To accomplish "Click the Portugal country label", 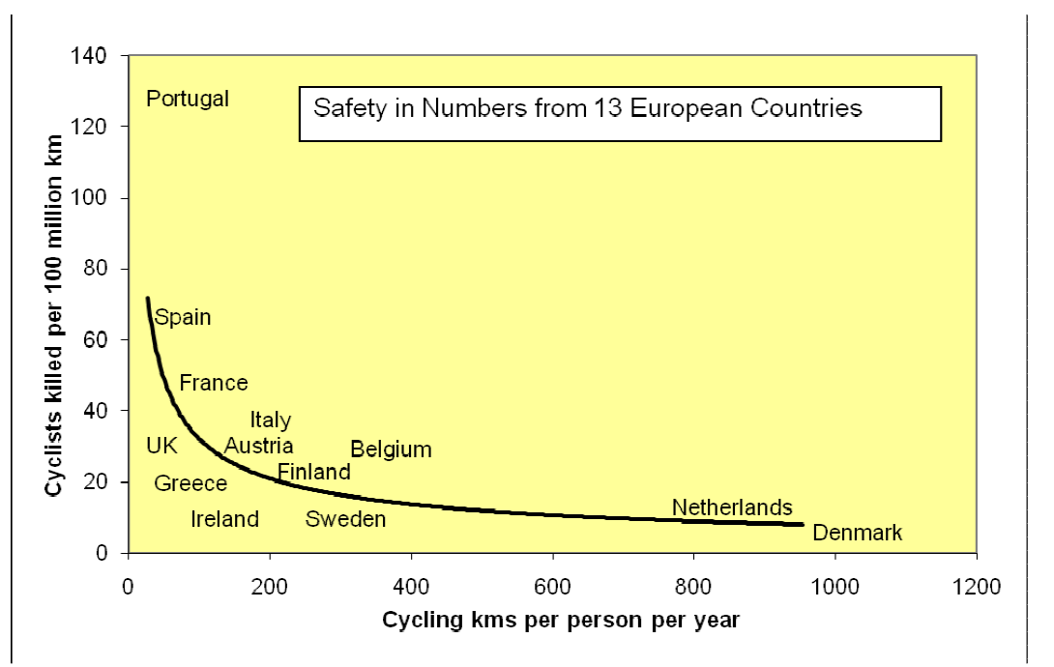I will (187, 99).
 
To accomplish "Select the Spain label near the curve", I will (183, 317).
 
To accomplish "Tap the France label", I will (214, 383).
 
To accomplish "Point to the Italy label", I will (271, 420).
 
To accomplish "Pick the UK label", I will (161, 446).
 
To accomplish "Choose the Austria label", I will (258, 446).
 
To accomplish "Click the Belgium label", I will (391, 449).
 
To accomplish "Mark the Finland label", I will (313, 472).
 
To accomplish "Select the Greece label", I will (190, 483).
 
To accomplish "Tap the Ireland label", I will (224, 519).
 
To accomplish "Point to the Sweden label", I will (345, 519).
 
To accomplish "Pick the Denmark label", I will (857, 533).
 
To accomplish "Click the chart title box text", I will (587, 107).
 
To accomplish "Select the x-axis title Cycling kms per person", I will (561, 618).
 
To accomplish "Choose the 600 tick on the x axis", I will (552, 585).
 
